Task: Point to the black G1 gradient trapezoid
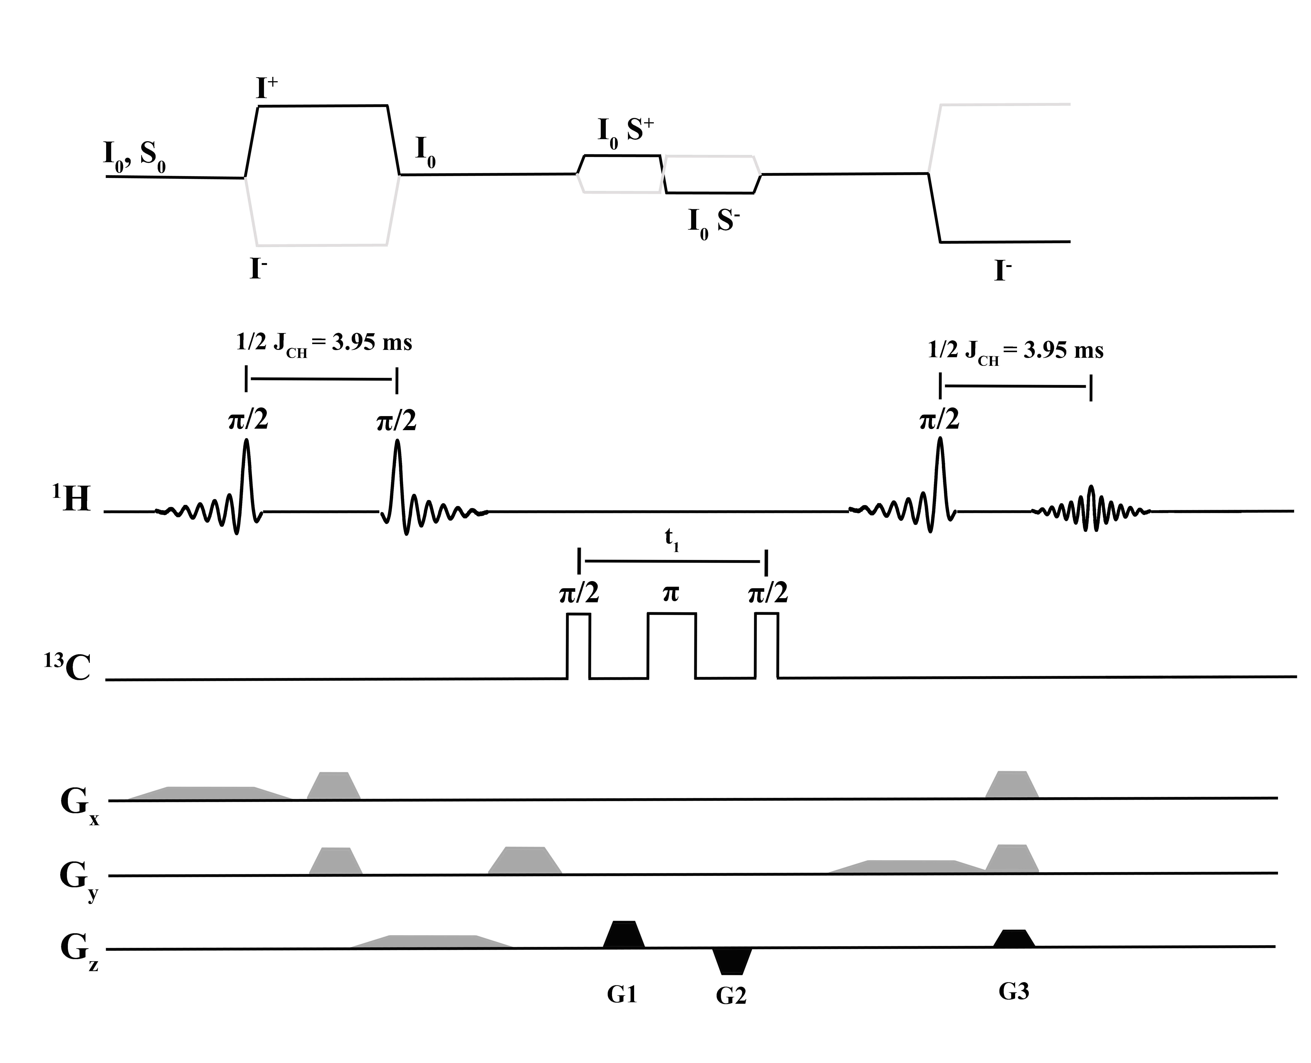[624, 935]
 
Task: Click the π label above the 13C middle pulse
[671, 593]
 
